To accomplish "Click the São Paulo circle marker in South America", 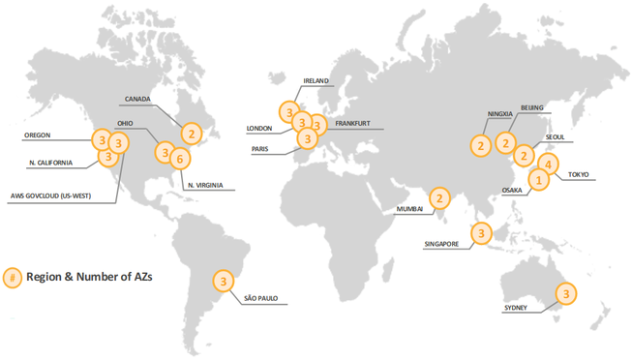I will point(224,282).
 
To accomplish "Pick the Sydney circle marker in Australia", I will point(565,291).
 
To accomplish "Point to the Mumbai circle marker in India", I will point(440,199).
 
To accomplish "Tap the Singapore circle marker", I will point(481,232).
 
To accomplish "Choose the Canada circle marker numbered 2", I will point(192,134).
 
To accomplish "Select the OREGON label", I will point(36,135).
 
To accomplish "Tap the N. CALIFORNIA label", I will point(50,163).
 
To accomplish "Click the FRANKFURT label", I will point(353,124).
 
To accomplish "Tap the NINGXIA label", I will point(497,113).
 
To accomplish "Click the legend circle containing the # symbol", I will point(13,277).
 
